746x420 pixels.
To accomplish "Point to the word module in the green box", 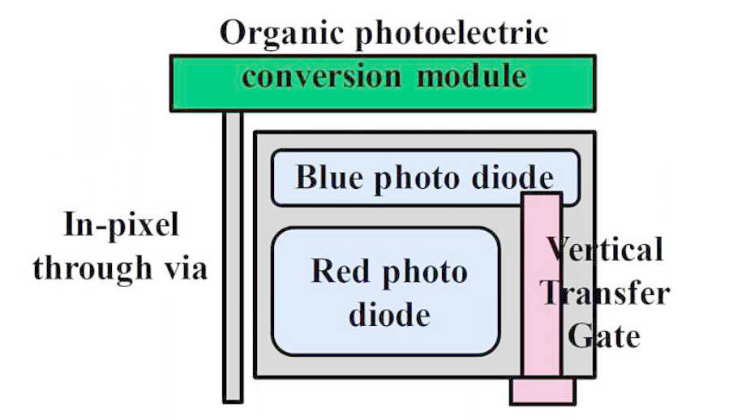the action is (471, 75).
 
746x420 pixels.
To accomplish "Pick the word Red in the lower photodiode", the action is (340, 272).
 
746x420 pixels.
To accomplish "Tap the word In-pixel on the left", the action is (122, 225).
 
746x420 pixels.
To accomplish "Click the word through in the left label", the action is (92, 268).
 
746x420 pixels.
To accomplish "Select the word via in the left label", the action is (186, 268).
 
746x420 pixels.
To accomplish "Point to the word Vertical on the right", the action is (604, 249).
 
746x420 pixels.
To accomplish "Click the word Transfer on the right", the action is (605, 293).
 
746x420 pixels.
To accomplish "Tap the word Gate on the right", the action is (604, 336).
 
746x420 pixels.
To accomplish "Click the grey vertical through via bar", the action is (233, 257).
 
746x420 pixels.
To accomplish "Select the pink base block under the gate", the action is (542, 391).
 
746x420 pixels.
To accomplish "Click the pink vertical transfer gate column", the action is (542, 285).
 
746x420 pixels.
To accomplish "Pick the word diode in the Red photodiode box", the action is (390, 315).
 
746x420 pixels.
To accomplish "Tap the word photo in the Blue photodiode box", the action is (417, 179).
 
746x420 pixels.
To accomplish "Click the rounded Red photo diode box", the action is (386, 292).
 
